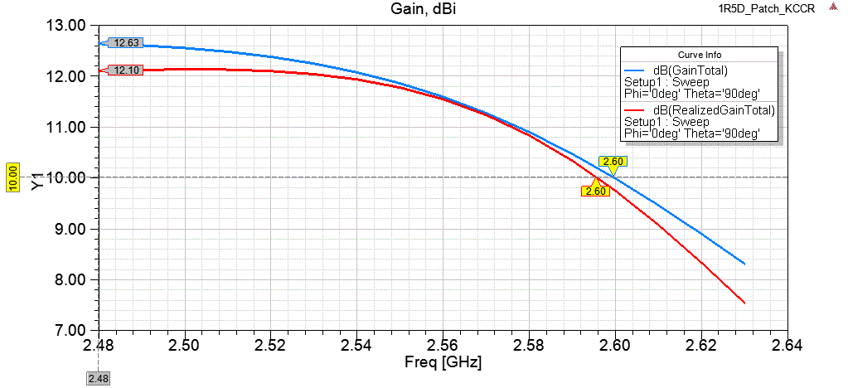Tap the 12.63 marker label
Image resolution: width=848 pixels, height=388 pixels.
128,43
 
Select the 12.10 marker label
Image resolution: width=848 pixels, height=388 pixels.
128,70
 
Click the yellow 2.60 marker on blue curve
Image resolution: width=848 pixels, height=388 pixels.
613,162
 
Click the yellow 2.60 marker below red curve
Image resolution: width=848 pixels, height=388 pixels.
596,191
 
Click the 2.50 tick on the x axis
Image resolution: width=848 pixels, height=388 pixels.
184,345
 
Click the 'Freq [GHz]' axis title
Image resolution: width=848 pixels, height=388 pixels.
443,362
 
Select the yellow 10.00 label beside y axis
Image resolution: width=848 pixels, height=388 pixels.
13,177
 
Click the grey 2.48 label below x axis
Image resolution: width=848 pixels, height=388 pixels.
98,378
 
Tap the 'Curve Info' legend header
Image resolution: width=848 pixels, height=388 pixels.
700,55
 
